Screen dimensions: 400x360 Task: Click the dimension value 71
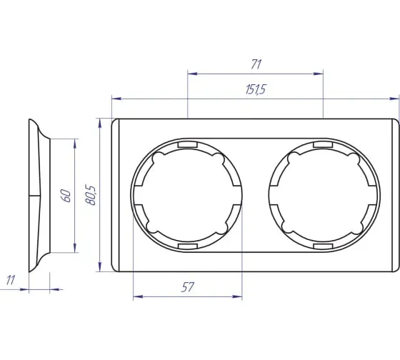click(x=256, y=64)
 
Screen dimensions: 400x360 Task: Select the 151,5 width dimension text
click(x=256, y=89)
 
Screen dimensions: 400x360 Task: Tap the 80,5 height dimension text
click(x=91, y=196)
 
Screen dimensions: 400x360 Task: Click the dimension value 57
click(x=187, y=287)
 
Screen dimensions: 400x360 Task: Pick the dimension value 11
click(x=11, y=280)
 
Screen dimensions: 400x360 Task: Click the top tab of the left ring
click(x=188, y=145)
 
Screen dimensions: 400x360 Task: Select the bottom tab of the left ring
click(x=188, y=246)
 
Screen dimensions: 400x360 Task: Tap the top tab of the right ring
click(x=323, y=145)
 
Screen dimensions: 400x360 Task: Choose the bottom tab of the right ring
click(x=323, y=246)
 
